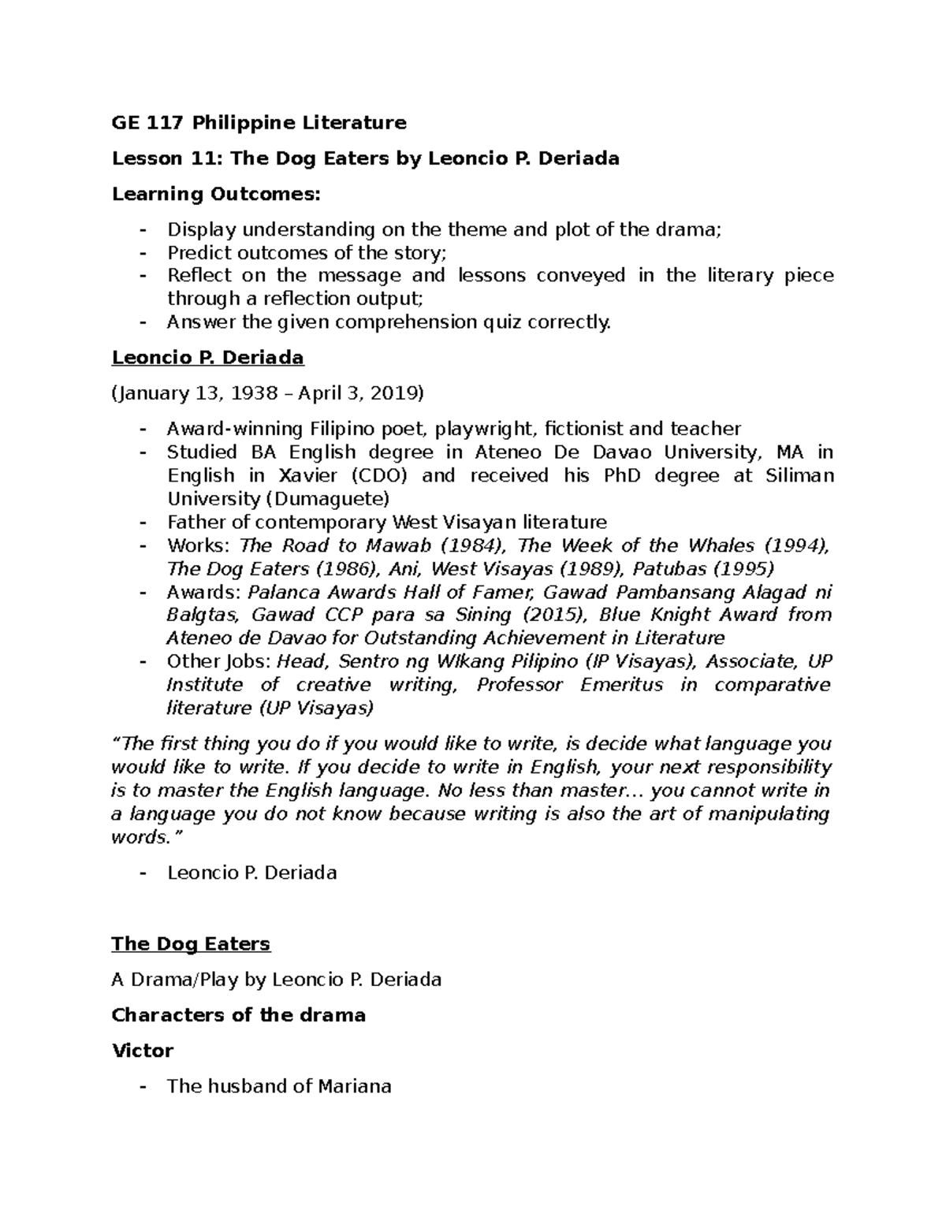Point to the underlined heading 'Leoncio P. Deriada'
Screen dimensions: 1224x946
[207, 358]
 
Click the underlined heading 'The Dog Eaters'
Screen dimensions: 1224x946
[191, 943]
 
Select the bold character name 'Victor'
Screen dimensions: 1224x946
[143, 1051]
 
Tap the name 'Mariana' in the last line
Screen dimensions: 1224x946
[355, 1086]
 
